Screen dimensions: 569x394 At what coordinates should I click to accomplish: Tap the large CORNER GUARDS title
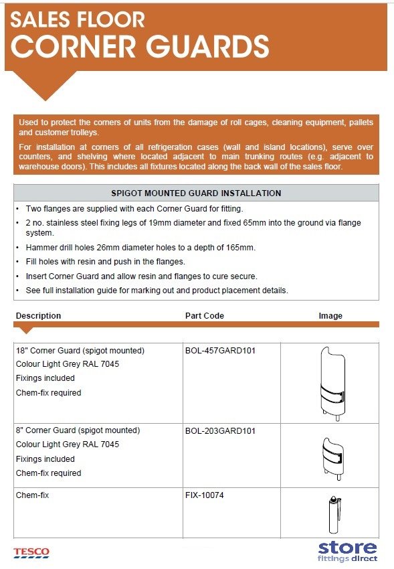click(140, 47)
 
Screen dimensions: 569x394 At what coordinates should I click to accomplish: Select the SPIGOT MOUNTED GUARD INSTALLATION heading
click(196, 193)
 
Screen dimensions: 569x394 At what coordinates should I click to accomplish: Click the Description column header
click(38, 315)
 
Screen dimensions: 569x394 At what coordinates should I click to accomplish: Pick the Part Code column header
click(204, 315)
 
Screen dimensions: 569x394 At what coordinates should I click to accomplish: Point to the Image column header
click(330, 315)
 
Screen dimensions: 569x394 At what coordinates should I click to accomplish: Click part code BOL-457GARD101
click(220, 350)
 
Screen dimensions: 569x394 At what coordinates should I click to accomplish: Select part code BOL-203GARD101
click(220, 430)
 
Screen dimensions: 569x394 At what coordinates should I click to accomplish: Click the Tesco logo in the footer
click(31, 553)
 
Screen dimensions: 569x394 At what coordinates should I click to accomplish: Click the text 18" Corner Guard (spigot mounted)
click(80, 350)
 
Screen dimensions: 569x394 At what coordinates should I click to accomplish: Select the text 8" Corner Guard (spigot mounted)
click(78, 430)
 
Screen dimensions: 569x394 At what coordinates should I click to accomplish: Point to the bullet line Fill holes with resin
click(101, 262)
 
